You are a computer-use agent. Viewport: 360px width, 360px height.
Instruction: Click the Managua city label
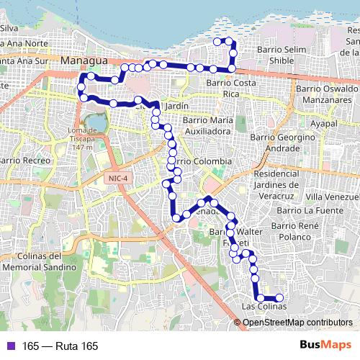pyautogui.click(x=84, y=60)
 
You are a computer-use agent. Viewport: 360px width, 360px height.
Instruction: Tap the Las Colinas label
pyautogui.click(x=264, y=307)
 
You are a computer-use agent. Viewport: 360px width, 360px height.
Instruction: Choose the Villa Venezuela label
pyautogui.click(x=331, y=197)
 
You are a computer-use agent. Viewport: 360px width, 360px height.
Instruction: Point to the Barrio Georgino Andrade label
pyautogui.click(x=283, y=142)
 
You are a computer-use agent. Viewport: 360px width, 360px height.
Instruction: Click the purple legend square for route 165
pyautogui.click(x=9, y=346)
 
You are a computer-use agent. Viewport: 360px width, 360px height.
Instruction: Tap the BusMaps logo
pyautogui.click(x=326, y=346)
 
